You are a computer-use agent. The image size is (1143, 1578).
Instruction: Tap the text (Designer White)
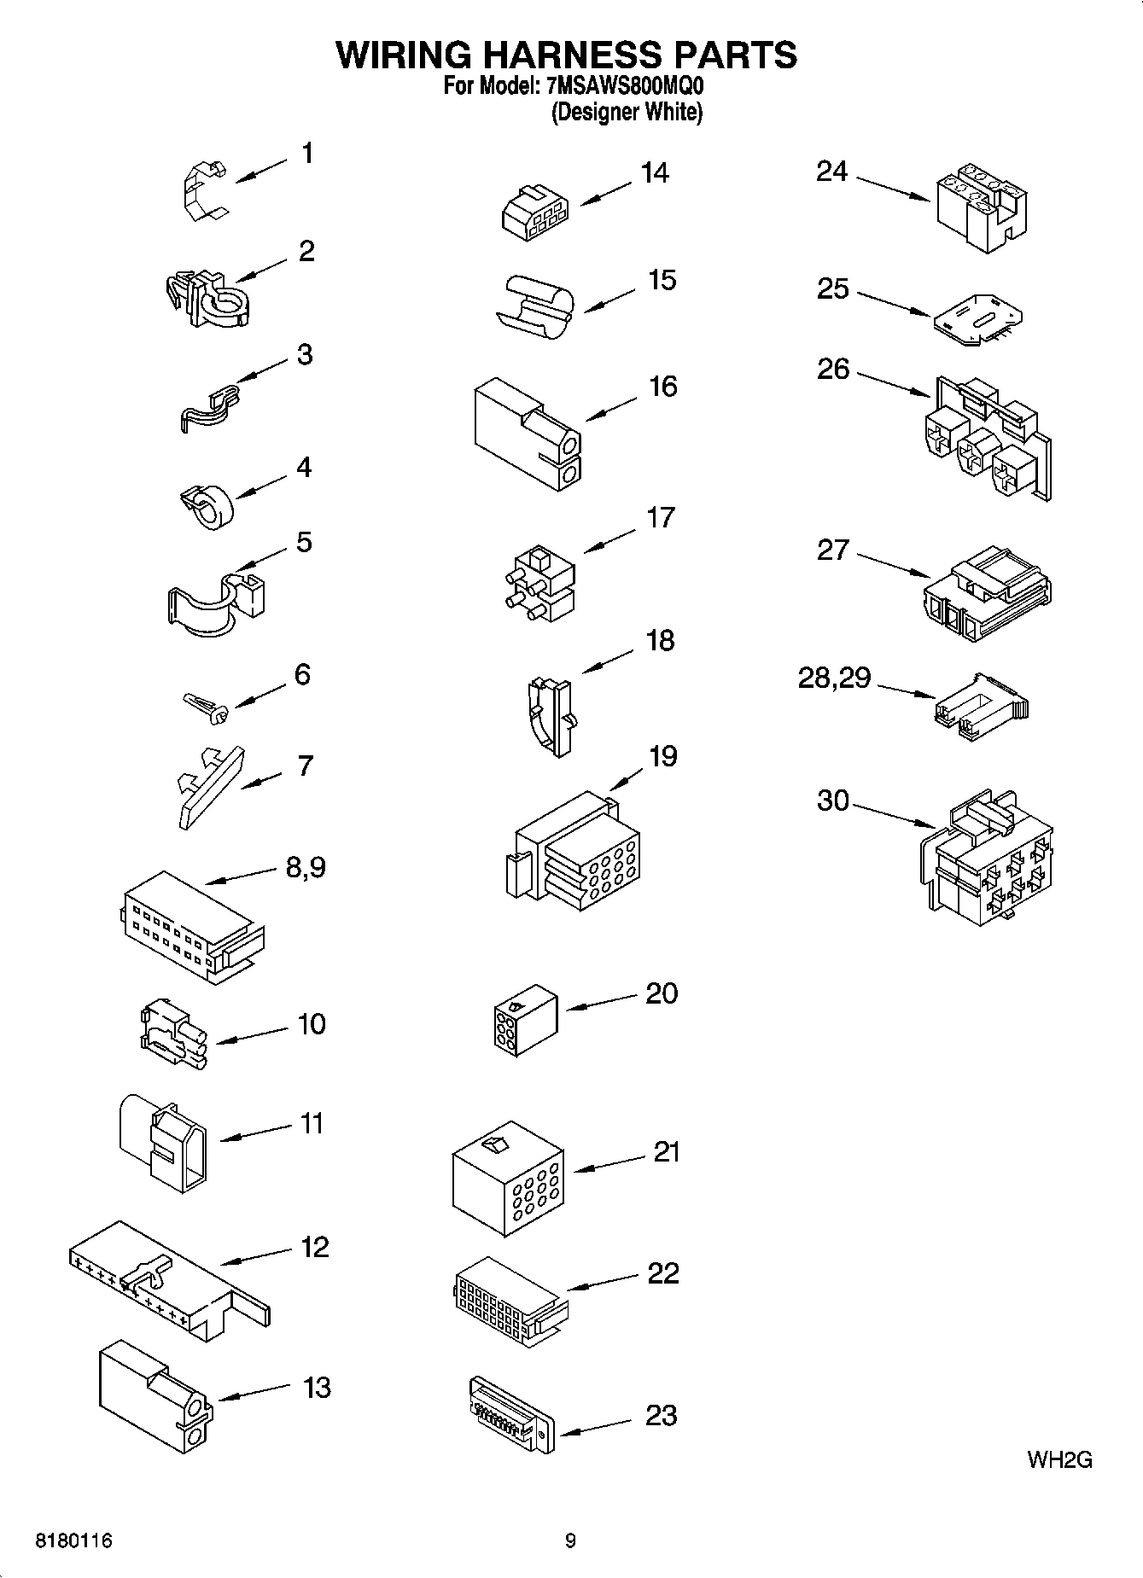627,112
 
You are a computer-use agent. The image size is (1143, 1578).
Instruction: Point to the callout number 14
655,172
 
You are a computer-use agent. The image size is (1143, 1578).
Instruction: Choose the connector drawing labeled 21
507,1178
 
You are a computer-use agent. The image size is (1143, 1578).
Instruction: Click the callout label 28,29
834,678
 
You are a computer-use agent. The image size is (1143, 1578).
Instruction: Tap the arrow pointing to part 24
893,189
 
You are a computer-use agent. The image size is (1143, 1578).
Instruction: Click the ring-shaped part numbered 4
210,505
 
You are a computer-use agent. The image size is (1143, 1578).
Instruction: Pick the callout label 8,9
305,867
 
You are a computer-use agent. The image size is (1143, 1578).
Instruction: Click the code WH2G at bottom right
1059,1459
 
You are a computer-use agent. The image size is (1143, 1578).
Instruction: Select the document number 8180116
74,1541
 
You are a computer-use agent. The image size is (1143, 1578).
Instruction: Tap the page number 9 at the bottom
570,1541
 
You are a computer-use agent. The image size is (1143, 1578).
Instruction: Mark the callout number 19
662,756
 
